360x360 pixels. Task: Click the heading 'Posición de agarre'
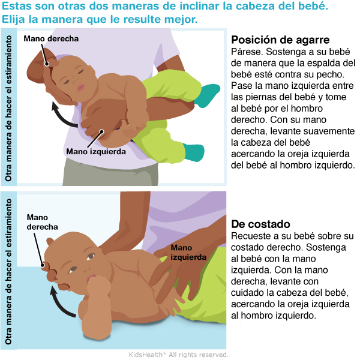coord(280,40)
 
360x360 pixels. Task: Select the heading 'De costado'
coord(260,224)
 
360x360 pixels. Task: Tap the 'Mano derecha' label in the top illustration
coord(51,38)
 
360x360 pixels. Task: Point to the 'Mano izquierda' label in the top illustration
coord(96,152)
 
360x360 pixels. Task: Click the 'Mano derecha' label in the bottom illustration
coord(42,222)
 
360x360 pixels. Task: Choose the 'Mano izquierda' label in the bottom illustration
coord(188,253)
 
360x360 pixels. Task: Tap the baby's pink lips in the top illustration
coord(81,88)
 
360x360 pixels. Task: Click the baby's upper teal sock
coord(207,95)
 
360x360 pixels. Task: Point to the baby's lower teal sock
coord(194,152)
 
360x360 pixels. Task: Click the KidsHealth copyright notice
coord(179,355)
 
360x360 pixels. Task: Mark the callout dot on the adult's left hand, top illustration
coord(101,131)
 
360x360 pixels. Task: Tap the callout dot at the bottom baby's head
coord(43,265)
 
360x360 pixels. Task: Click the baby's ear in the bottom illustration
coord(50,242)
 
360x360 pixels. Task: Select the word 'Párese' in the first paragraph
coord(247,52)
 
